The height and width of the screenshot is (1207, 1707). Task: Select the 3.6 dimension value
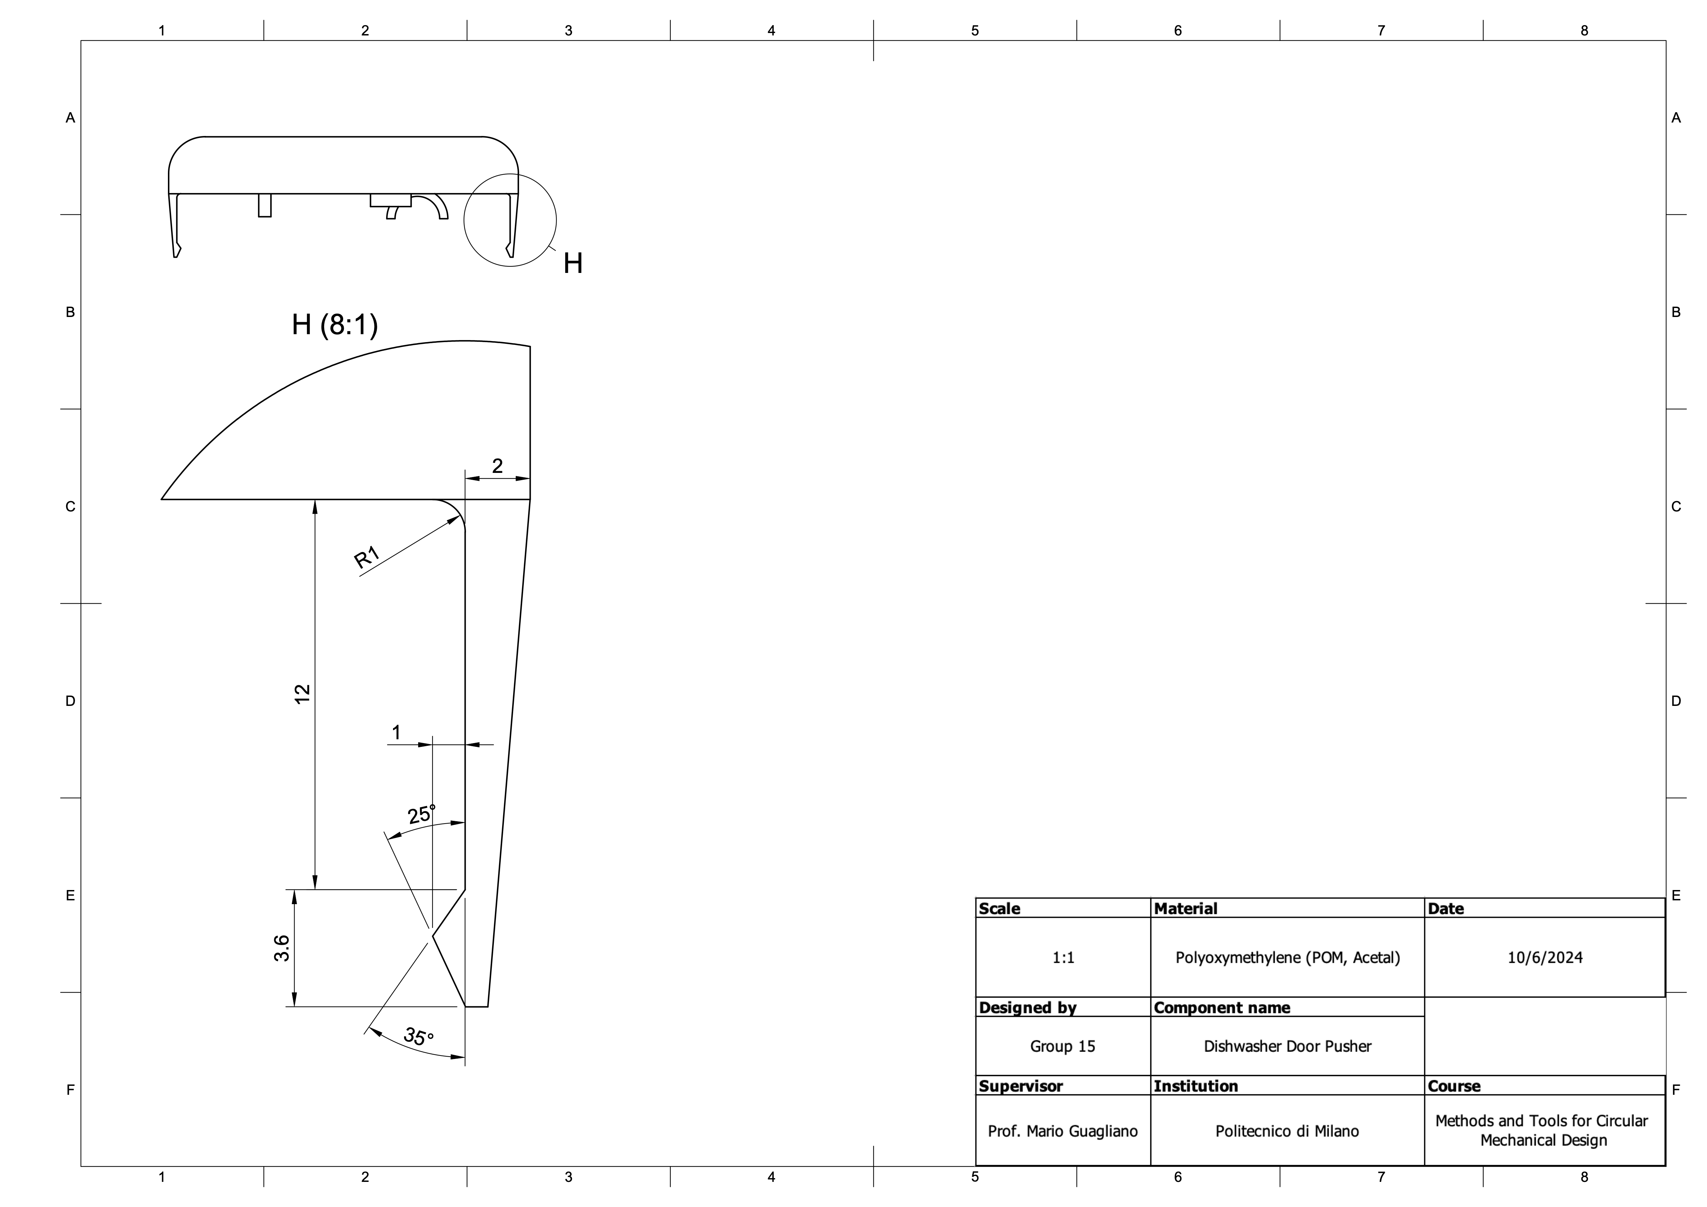pyautogui.click(x=282, y=948)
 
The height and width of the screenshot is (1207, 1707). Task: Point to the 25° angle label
pyautogui.click(x=422, y=814)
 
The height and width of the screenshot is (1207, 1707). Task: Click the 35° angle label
pyautogui.click(x=418, y=1036)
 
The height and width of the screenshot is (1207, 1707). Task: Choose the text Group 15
pyautogui.click(x=1062, y=1046)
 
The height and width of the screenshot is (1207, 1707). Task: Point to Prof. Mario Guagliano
pyautogui.click(x=1062, y=1131)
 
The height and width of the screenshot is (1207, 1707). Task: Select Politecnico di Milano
pyautogui.click(x=1287, y=1131)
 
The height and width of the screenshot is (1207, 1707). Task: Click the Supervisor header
pyautogui.click(x=1021, y=1086)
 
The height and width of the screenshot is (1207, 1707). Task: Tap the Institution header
pyautogui.click(x=1196, y=1086)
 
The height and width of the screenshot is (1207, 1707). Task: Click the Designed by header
pyautogui.click(x=1028, y=1008)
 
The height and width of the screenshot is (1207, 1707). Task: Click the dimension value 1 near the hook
pyautogui.click(x=396, y=732)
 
